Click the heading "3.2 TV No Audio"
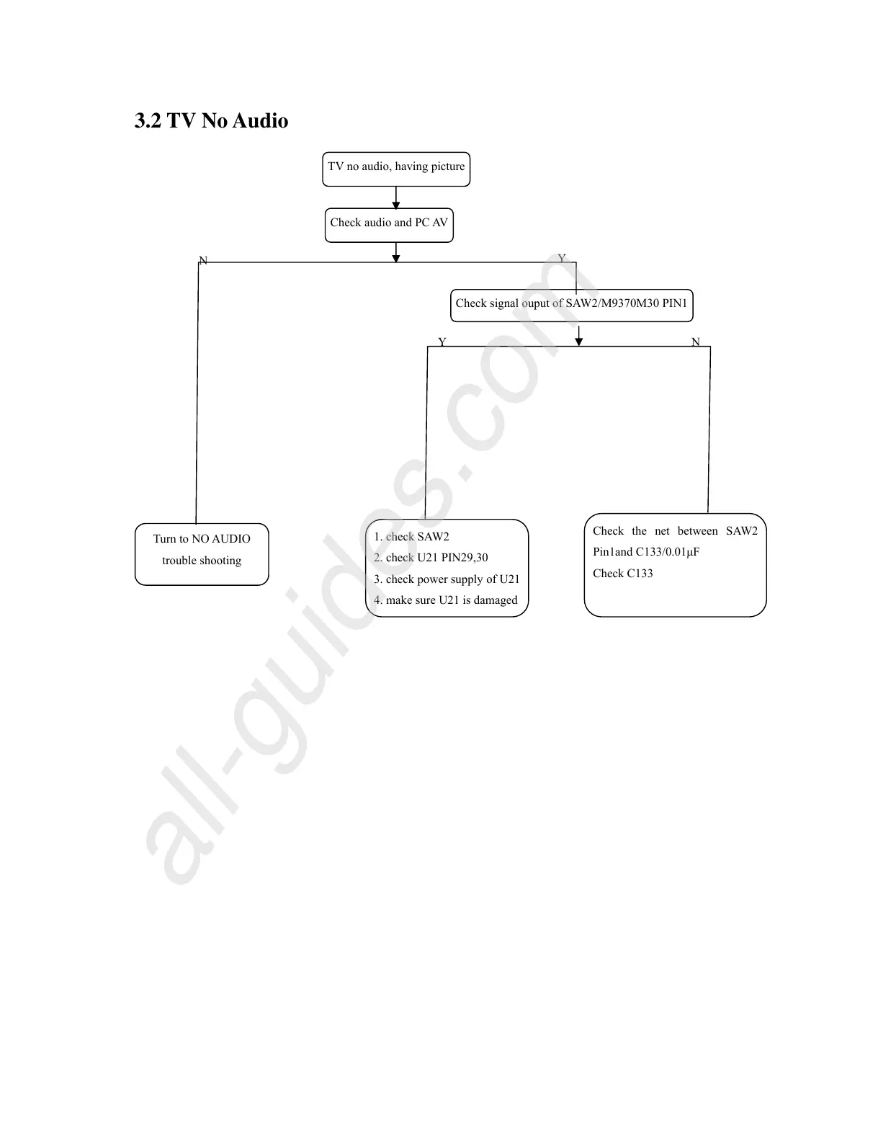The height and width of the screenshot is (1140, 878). pos(211,120)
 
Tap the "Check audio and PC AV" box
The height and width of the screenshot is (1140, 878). pos(389,223)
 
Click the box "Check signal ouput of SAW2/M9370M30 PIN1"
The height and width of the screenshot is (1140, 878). pos(571,304)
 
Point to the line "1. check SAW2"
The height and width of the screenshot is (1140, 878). pos(411,537)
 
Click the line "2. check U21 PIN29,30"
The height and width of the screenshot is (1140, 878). pos(431,558)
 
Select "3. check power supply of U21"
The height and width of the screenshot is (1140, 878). pos(447,579)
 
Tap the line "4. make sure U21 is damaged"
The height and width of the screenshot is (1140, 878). pos(445,600)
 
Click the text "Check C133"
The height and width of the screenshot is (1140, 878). pos(622,574)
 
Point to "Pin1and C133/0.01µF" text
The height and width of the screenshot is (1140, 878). pos(646,552)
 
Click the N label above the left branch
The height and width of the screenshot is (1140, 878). pos(203,261)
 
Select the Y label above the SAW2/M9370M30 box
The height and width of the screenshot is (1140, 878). pos(562,259)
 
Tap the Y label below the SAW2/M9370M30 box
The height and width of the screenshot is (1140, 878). pos(442,342)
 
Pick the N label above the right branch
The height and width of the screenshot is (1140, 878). pos(695,342)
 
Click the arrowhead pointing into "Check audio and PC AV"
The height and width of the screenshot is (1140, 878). pos(396,205)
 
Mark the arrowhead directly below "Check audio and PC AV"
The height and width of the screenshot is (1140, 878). pos(396,258)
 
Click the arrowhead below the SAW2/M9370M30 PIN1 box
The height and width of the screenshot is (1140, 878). pos(578,342)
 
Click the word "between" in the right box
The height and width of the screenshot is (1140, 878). pos(697,532)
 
